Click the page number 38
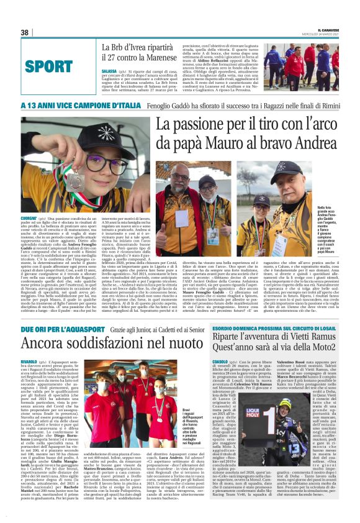coord(25,32)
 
